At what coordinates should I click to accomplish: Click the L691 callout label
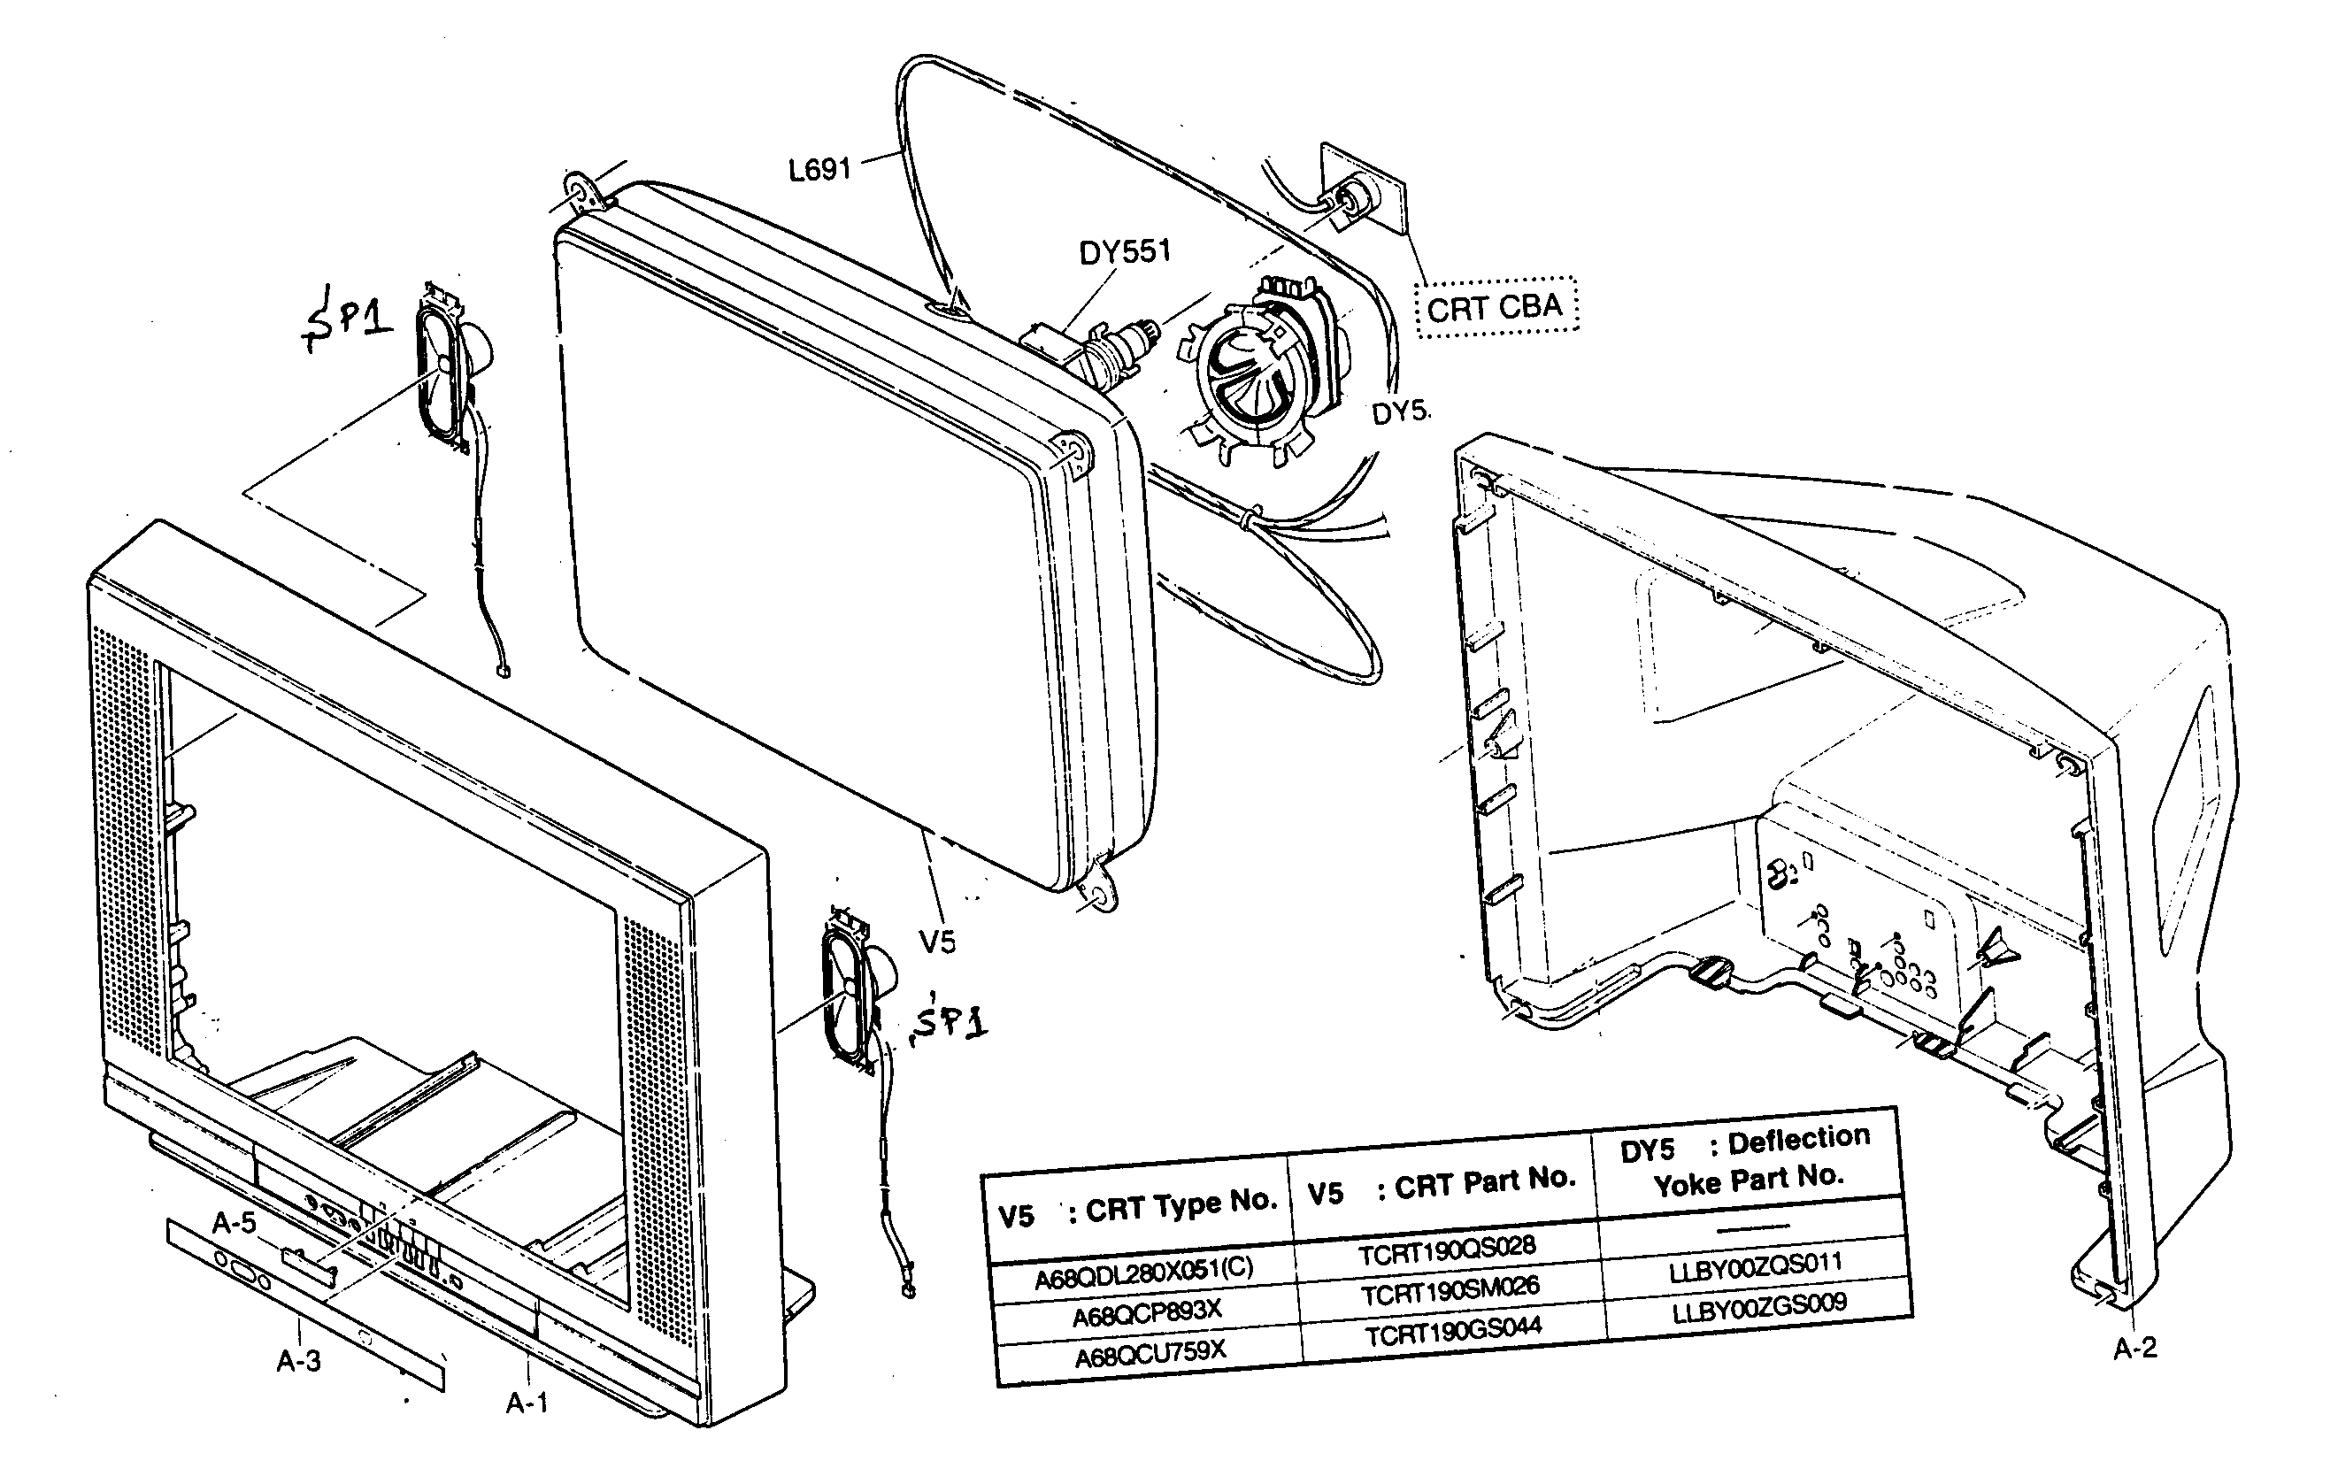(x=819, y=170)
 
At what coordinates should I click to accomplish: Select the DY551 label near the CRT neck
(x=1124, y=252)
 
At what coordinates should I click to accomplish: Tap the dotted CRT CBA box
(x=1495, y=307)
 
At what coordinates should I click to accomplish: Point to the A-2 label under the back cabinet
(x=2134, y=1348)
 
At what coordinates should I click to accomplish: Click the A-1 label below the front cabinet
(x=527, y=1402)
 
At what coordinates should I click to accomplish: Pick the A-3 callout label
(x=298, y=1360)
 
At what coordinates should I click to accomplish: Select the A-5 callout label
(x=234, y=1223)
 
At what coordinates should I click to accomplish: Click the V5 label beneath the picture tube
(x=936, y=942)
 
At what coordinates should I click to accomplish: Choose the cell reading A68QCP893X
(x=1147, y=1312)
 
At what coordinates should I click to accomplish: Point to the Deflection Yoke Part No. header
(x=1746, y=1159)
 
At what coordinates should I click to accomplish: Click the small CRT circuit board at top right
(x=1362, y=198)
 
